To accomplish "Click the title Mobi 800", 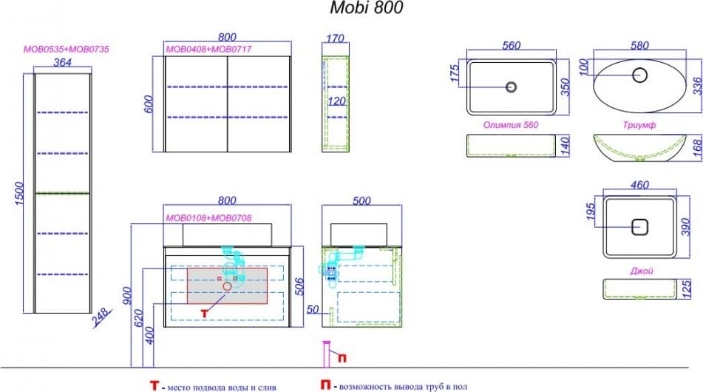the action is [x=367, y=7].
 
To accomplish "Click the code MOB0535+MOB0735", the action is [x=67, y=50].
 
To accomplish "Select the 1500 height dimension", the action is [x=19, y=194].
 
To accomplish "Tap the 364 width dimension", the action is [x=62, y=62].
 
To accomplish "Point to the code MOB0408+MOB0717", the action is [x=208, y=50].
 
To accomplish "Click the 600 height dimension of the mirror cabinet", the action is [x=149, y=104].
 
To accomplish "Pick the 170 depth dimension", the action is [x=335, y=38].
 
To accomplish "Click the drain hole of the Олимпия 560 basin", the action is [x=511, y=87].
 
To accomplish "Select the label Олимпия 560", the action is [x=511, y=125].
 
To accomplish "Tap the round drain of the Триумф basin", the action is [x=639, y=75].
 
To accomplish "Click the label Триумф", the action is [x=639, y=125].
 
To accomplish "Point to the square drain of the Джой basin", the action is [x=639, y=227].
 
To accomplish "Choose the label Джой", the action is [x=642, y=271].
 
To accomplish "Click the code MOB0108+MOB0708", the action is [x=208, y=218].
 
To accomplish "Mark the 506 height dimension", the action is [x=299, y=287].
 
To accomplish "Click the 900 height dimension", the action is [x=127, y=296].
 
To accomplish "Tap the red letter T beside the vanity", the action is [x=205, y=314].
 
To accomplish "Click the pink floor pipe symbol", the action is [x=327, y=354].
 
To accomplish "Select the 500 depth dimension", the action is [x=361, y=201].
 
